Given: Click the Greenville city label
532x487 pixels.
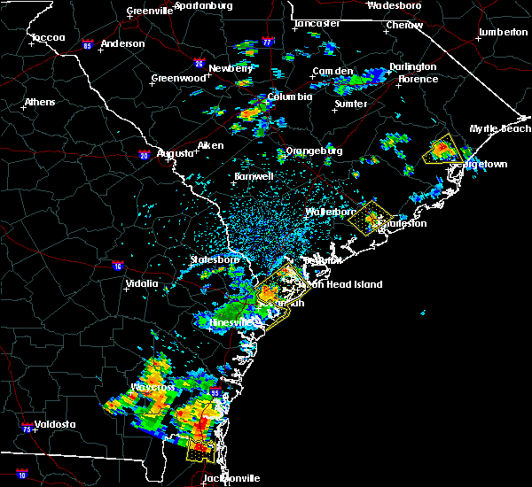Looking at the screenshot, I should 148,11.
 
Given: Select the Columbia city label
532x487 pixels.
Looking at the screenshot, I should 289,97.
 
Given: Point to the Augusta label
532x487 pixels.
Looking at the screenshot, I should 175,153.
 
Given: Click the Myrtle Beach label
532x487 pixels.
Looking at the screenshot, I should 500,128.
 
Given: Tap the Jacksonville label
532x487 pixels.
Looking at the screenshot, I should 231,478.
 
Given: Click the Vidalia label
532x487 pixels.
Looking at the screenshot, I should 141,283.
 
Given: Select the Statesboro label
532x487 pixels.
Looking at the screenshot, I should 215,259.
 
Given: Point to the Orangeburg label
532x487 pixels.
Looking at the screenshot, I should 314,151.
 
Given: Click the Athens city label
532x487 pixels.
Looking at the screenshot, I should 39,102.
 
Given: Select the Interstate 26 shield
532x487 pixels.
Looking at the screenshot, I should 199,64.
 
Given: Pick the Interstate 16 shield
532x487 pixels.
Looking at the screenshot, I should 119,266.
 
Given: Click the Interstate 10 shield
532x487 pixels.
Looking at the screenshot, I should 21,475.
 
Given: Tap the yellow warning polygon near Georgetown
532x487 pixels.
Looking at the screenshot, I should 439,149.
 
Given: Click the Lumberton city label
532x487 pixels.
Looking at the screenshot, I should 503,32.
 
